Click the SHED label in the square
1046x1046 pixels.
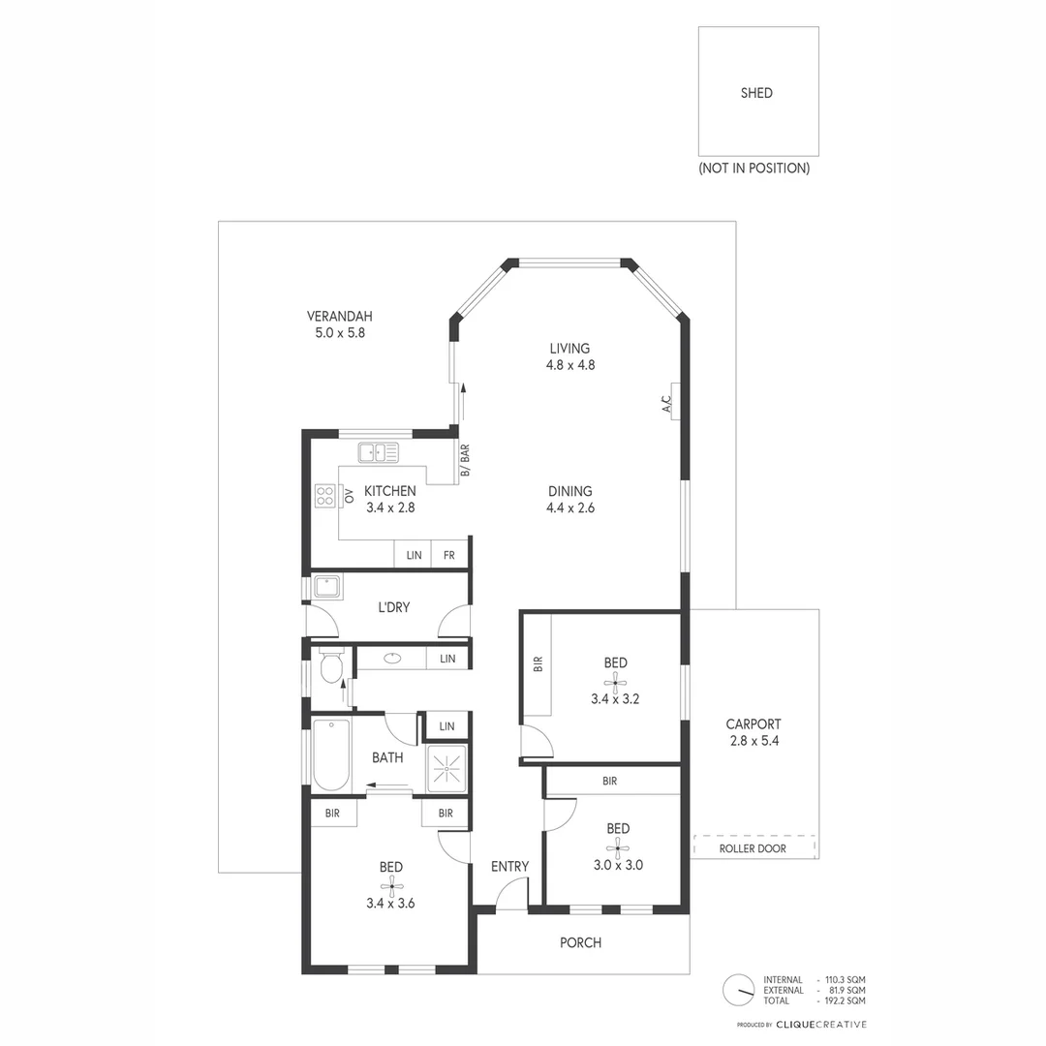coord(756,93)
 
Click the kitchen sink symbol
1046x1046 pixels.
coord(378,451)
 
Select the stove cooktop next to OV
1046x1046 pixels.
coord(323,496)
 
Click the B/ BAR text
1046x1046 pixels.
coord(465,461)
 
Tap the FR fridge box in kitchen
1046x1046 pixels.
coord(449,555)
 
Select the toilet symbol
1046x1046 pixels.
coord(330,666)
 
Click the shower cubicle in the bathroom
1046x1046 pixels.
coord(447,769)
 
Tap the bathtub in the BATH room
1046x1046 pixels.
coord(331,755)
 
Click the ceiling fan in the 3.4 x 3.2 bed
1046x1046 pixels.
coord(616,682)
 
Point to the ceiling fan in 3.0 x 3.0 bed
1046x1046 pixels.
coord(618,847)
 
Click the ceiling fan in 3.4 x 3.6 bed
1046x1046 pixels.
coord(391,885)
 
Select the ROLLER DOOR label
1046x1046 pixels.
coord(753,848)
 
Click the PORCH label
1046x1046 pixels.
coord(581,942)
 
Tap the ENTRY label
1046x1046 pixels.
coord(509,866)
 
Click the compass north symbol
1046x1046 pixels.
coord(738,989)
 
